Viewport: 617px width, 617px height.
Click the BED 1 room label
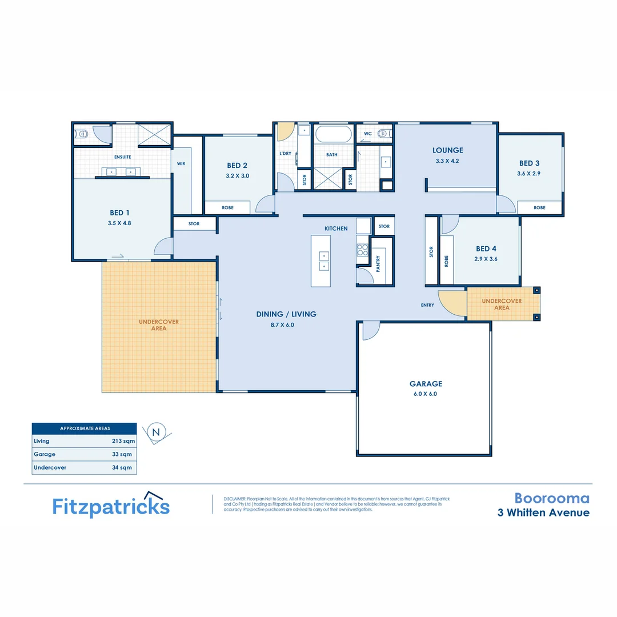point(121,213)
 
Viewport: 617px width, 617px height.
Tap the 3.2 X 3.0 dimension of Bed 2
point(238,176)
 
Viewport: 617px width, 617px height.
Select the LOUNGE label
point(447,151)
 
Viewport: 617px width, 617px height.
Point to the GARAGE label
point(425,384)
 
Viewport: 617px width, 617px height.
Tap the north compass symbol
point(155,432)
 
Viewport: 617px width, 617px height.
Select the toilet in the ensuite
point(82,135)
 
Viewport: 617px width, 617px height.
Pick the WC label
point(368,134)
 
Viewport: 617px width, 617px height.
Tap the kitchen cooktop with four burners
point(363,249)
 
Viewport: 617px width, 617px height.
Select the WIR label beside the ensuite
point(181,163)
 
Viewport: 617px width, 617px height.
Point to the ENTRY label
point(427,305)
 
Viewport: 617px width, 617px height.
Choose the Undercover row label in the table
point(50,467)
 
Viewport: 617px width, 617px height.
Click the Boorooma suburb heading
point(551,498)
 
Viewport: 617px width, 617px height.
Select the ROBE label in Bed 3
point(539,208)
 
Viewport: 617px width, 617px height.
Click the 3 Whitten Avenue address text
point(543,512)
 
